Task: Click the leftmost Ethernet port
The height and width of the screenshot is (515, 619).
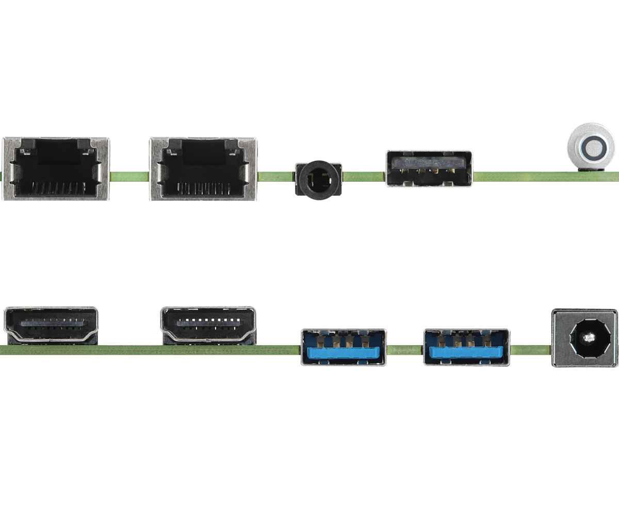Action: pyautogui.click(x=56, y=168)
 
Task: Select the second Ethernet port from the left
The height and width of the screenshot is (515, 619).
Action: pyautogui.click(x=203, y=168)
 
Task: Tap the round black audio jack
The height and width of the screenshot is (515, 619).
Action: pyautogui.click(x=318, y=179)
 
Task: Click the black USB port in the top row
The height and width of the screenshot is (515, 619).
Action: pyautogui.click(x=429, y=168)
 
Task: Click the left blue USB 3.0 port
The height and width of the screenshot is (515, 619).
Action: pyautogui.click(x=344, y=347)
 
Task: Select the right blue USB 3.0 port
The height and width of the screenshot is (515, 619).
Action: pyautogui.click(x=466, y=347)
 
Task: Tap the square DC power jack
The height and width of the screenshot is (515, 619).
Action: pyautogui.click(x=584, y=337)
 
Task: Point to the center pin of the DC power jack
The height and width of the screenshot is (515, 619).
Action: pyautogui.click(x=586, y=338)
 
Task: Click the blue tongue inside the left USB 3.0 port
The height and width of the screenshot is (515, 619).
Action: pyautogui.click(x=344, y=353)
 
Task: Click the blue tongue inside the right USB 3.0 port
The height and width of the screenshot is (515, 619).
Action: pyautogui.click(x=466, y=353)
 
